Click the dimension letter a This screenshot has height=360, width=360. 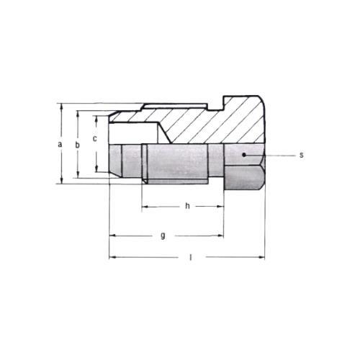point(60,144)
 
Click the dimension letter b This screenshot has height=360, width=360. point(77,145)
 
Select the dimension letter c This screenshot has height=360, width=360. point(95,139)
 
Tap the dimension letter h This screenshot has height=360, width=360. point(187,206)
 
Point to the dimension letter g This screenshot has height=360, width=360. point(163,235)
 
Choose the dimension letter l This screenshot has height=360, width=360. point(191,257)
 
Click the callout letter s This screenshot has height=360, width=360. point(302,155)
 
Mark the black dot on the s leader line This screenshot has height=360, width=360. point(244,155)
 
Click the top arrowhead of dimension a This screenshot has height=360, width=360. point(62,107)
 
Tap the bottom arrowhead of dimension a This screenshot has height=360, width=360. point(62,180)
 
